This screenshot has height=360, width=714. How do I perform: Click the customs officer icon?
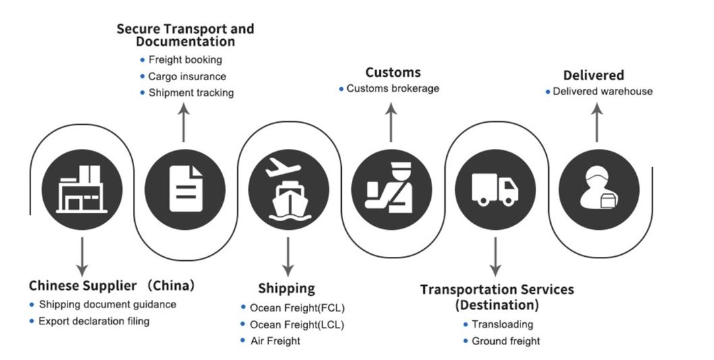[392, 189]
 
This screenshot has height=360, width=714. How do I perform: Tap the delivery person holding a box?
[599, 189]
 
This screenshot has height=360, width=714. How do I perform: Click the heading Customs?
[392, 72]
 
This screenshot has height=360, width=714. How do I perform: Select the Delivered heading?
[593, 75]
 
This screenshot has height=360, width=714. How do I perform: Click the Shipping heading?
[286, 289]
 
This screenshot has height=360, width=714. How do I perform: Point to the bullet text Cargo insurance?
[187, 76]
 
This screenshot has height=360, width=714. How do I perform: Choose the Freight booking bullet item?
[185, 60]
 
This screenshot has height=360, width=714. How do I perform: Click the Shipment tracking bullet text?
[191, 93]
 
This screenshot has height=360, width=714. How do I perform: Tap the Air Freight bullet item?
[274, 340]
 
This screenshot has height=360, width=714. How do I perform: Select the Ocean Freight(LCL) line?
[297, 324]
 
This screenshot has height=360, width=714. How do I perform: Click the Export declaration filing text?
[94, 321]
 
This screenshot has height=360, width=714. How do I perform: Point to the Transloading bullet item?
[502, 324]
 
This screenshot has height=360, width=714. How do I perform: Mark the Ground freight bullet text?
[506, 341]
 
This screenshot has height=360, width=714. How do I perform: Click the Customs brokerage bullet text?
[392, 88]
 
